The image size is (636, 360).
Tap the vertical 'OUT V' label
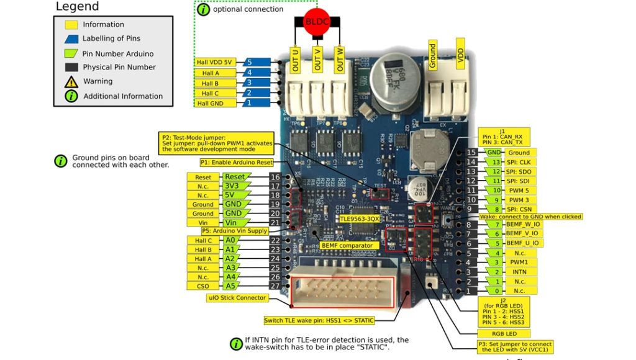point(317,60)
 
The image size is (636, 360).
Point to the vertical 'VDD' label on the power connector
point(460,55)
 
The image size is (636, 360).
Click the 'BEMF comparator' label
point(347,245)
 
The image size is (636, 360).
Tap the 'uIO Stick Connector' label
point(237,298)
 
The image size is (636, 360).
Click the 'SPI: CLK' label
point(519,162)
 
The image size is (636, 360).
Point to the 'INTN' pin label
point(519,271)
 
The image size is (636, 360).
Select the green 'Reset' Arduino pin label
point(234,177)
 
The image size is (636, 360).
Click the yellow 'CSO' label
point(202,286)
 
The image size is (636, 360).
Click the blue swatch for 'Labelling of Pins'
point(71,38)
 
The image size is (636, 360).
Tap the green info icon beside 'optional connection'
point(203,9)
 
